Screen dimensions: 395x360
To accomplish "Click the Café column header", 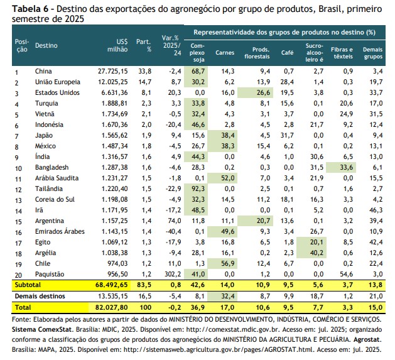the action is pos(287,52).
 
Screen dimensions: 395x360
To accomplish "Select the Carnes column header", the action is pos(225,52).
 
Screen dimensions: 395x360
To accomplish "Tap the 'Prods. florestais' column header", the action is pos(257,53).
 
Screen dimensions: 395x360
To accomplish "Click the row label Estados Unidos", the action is pos(57,92).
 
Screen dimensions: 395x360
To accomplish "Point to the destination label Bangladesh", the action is pos(51,167).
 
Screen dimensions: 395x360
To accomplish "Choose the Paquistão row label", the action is pos(50,274).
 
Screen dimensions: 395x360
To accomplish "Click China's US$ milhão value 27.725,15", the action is pos(113,72).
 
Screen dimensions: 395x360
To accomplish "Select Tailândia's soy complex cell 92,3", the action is pos(198,188).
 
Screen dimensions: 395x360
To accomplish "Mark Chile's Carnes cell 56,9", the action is pos(228,263).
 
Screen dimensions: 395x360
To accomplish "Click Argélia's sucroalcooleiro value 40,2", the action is pos(317,253).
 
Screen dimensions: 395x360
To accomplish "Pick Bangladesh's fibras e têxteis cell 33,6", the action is pos(347,167).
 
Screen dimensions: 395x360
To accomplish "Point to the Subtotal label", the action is pos(28,285).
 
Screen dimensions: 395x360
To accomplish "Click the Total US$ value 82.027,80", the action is pos(111,308).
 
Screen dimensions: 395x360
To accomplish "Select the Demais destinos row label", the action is pos(40,296).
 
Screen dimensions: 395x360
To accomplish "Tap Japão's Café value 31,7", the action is pos(287,135).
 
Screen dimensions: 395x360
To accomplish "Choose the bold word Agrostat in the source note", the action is pos(367,339).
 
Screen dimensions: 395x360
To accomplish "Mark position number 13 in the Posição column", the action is pos(18,200).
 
